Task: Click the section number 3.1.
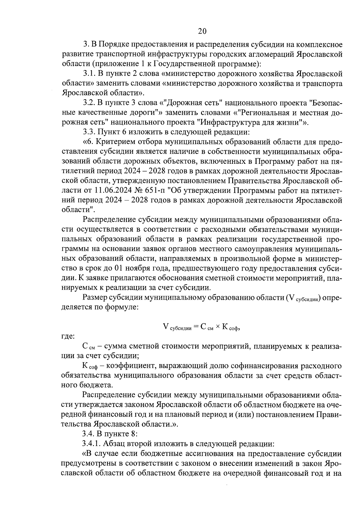tap(88, 73)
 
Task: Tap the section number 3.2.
tap(88, 103)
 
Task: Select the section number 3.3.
tap(88, 132)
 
